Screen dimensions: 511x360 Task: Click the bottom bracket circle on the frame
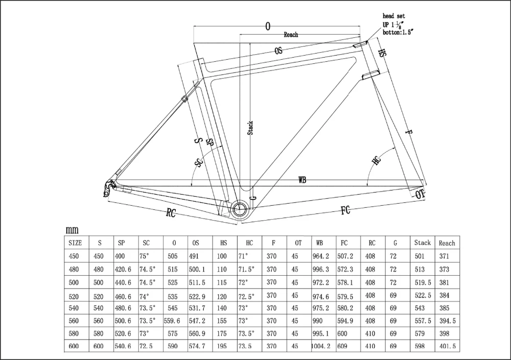pyautogui.click(x=239, y=208)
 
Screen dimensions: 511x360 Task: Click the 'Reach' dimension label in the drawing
pyautogui.click(x=291, y=35)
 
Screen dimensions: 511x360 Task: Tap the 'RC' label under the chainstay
pyautogui.click(x=171, y=213)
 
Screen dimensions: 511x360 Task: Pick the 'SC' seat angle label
pyautogui.click(x=199, y=162)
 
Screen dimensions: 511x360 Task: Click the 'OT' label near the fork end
pyautogui.click(x=420, y=195)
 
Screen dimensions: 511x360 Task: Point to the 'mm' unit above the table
pyautogui.click(x=72, y=231)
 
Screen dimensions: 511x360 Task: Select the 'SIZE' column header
pyautogui.click(x=75, y=243)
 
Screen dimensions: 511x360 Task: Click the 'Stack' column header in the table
pyautogui.click(x=422, y=243)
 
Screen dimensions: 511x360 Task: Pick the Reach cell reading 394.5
pyautogui.click(x=447, y=321)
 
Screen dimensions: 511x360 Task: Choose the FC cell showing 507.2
pyautogui.click(x=345, y=256)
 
